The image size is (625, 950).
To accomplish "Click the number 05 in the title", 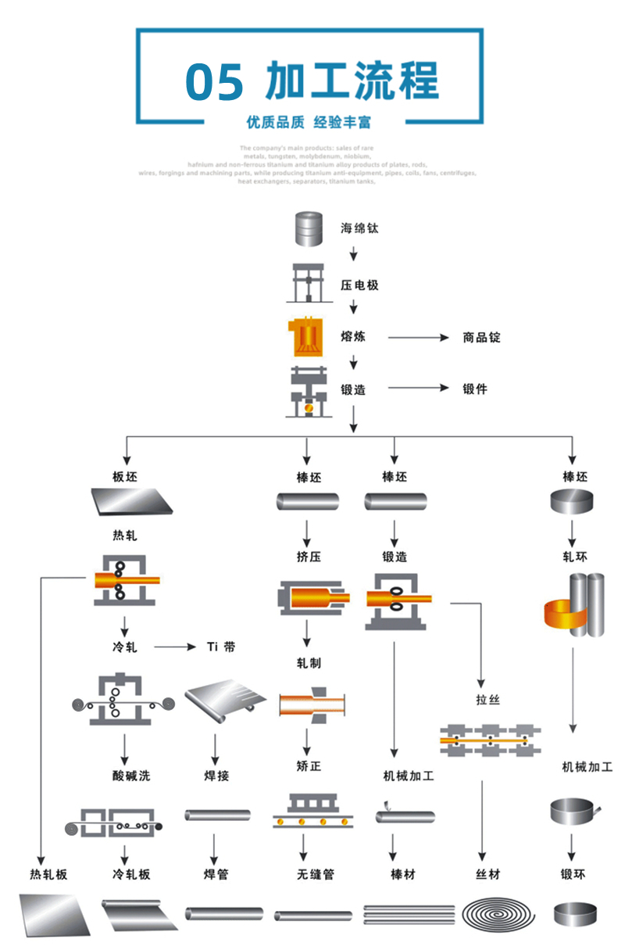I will tap(215, 82).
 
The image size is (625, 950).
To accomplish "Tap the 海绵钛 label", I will tap(359, 229).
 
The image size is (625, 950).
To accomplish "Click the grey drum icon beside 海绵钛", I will tap(308, 229).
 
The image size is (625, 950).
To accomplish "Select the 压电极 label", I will tap(359, 285).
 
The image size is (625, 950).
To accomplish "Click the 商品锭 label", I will tap(481, 338).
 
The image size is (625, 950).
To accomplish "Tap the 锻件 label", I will tap(474, 389).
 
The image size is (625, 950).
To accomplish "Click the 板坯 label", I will tap(125, 477).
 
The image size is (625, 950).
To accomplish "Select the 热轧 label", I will tap(125, 536).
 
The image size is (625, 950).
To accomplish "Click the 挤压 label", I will tap(309, 557).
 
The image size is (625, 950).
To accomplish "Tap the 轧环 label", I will tap(576, 557).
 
